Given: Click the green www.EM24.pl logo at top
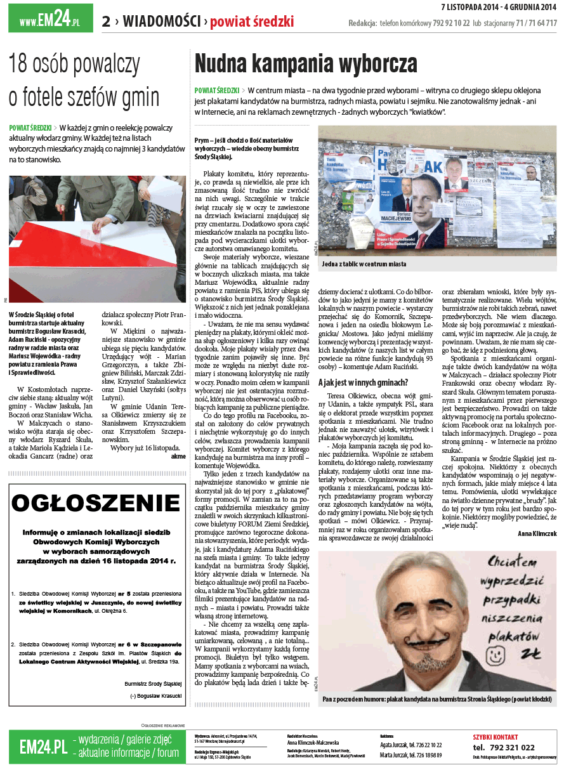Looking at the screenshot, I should pos(50,20).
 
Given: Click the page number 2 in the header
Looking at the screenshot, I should pos(107,22).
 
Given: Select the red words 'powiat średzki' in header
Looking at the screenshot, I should pos(252,22).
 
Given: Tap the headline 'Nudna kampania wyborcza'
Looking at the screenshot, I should pos(306,64).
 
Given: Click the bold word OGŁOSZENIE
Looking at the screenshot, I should pos(96,504).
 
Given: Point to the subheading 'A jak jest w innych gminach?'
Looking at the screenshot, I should pos(363,383).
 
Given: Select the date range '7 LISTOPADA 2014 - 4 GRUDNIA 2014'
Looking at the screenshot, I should pos(499,7).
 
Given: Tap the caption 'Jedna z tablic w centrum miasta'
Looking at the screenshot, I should pos(364,264).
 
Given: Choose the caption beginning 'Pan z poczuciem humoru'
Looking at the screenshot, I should pos(436,700).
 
